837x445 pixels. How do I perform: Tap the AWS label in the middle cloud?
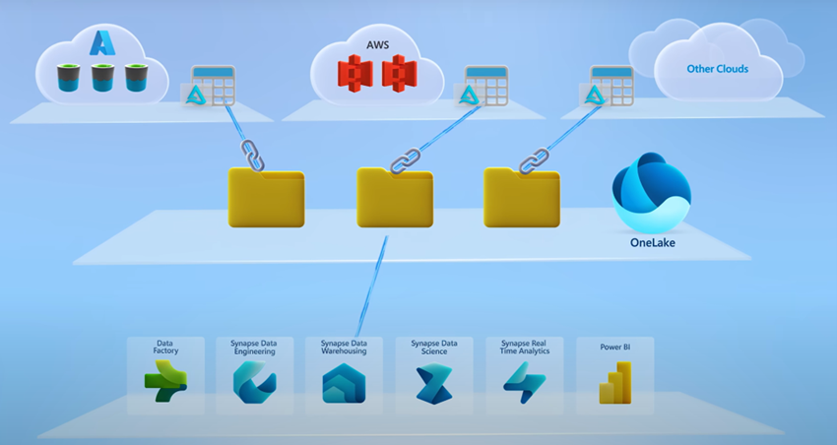[378, 45]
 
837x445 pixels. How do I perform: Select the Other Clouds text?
[717, 69]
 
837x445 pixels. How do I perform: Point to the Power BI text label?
[614, 347]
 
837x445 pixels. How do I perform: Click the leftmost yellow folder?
[266, 197]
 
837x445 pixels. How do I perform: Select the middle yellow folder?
[395, 197]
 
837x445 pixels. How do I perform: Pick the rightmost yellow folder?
[522, 197]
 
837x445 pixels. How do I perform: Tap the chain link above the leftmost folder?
[248, 156]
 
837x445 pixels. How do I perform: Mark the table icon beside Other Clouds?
[611, 88]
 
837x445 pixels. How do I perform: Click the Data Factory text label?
[164, 346]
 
